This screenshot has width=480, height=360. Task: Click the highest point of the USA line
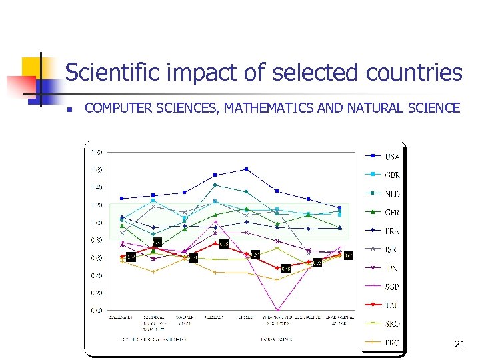coord(246,169)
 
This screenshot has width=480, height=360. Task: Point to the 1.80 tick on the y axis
coord(97,152)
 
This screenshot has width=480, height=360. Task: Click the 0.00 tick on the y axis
coord(97,310)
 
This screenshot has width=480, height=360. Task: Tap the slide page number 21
coord(459,344)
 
